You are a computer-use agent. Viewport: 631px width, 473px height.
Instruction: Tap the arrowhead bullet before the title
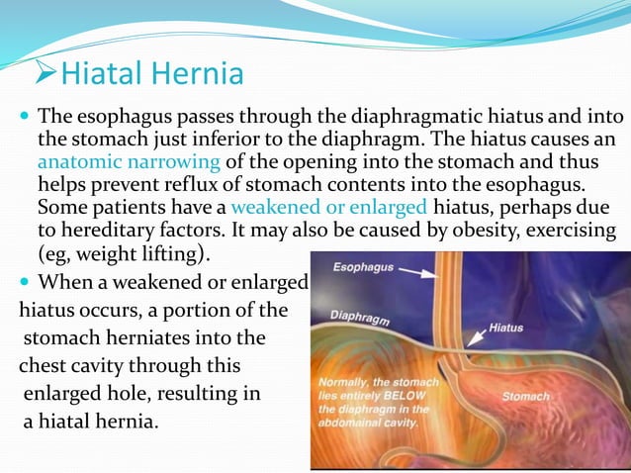45,74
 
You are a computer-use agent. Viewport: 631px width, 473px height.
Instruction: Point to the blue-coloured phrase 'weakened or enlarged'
329,207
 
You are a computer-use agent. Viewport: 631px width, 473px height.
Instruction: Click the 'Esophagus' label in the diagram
362,266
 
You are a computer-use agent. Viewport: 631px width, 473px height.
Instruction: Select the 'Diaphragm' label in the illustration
359,320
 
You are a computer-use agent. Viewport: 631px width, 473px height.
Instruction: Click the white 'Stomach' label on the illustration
525,396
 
